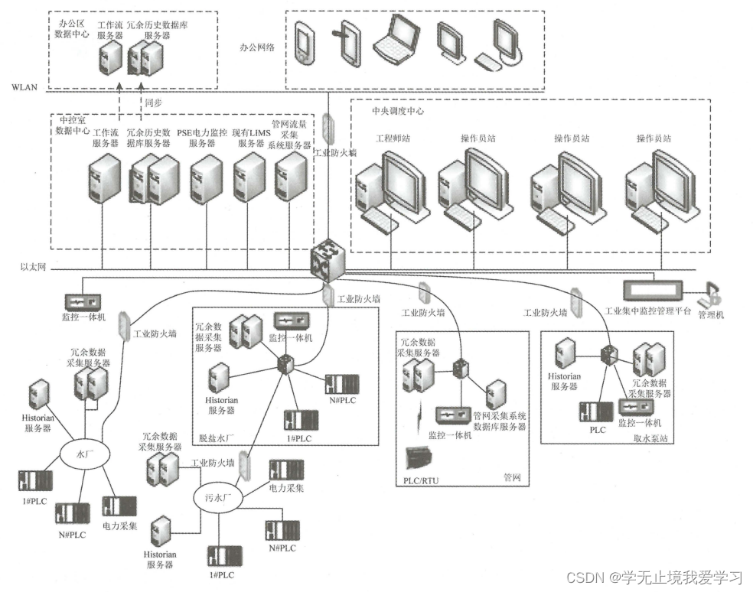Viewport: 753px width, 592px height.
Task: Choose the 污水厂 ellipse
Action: point(217,496)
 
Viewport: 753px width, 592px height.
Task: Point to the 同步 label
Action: point(152,100)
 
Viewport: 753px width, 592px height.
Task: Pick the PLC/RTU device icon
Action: point(422,459)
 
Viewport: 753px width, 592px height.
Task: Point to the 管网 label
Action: point(511,478)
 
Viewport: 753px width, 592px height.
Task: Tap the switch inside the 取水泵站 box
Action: point(610,355)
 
